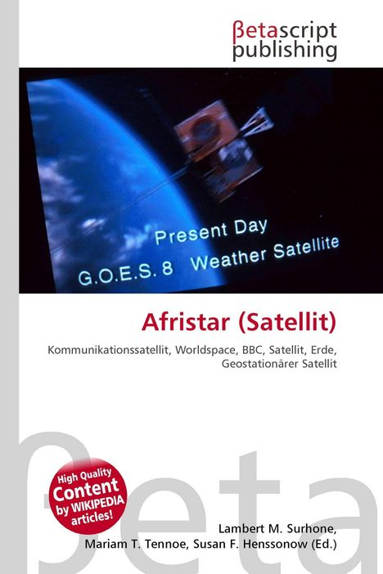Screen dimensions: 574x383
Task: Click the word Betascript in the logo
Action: point(284,30)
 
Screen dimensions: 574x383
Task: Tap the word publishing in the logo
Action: point(284,51)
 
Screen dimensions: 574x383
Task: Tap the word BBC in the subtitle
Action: point(259,349)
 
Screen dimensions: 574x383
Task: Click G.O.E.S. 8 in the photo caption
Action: point(125,271)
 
